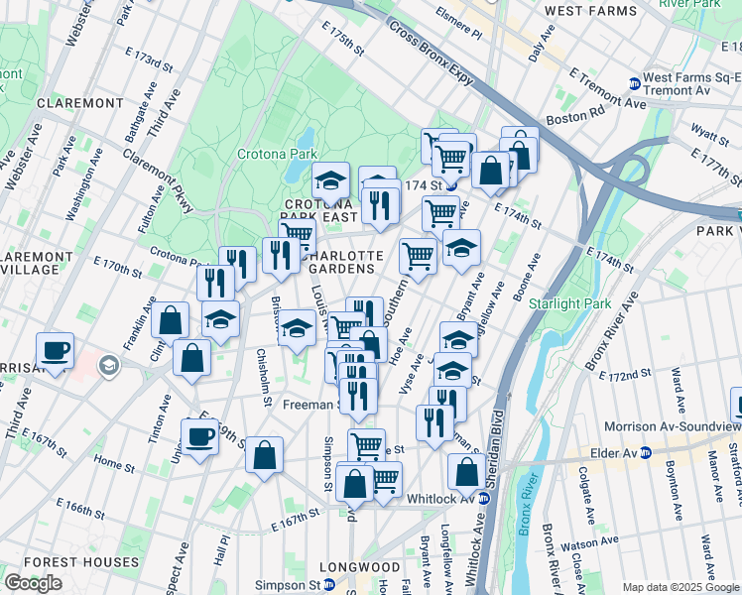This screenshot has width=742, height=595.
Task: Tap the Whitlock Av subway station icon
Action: pos(485,498)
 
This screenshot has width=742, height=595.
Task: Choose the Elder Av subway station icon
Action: pos(646,452)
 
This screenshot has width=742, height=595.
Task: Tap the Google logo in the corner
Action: pos(33,583)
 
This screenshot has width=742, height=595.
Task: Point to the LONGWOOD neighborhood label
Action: pos(359,568)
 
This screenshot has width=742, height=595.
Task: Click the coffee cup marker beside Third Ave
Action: pos(55,350)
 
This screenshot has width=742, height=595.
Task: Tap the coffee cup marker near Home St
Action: pos(199,436)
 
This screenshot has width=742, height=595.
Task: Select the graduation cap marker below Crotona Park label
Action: pos(331,180)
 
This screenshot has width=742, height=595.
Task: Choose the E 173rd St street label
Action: pos(146,61)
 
